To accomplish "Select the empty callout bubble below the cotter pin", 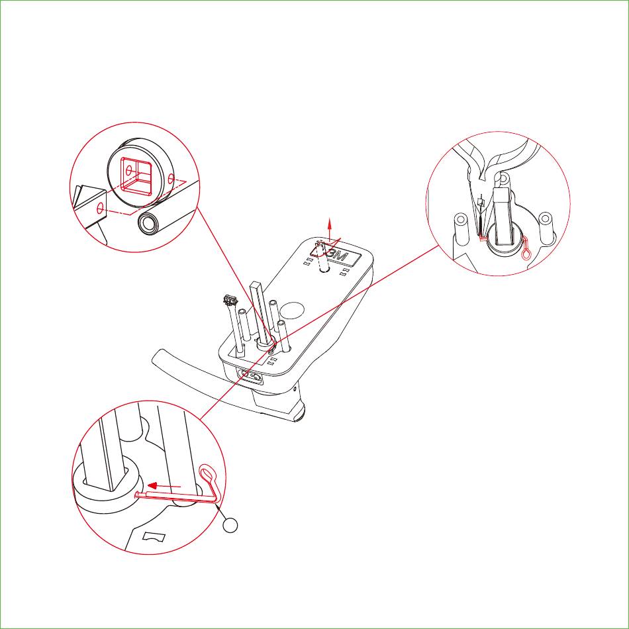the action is (x=230, y=525).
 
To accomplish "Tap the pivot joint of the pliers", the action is (x=503, y=177).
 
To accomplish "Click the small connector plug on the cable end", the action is (x=230, y=299).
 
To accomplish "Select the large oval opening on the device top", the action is (x=292, y=311).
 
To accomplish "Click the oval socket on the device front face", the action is (x=250, y=377).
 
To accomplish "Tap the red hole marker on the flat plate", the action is (x=100, y=208).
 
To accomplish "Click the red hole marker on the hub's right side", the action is (x=171, y=177).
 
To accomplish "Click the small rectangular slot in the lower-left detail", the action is (x=154, y=537).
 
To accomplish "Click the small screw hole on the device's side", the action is (x=296, y=389).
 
